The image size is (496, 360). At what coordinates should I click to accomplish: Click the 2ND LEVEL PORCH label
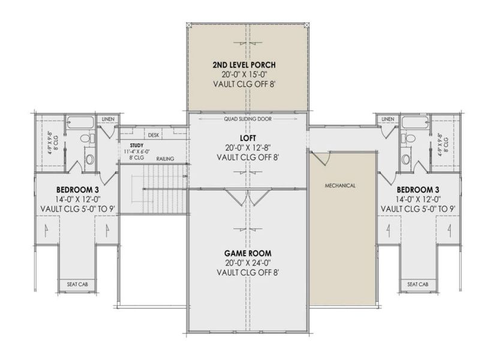[247, 64]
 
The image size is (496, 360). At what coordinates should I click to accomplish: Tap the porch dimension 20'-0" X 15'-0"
[247, 74]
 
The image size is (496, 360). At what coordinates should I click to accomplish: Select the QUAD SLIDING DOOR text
[248, 119]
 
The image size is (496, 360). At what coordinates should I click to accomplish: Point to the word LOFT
[247, 137]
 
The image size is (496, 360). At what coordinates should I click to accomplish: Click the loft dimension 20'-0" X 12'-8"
[247, 148]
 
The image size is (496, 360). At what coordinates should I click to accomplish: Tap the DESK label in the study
[154, 135]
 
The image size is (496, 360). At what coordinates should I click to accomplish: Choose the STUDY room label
[136, 145]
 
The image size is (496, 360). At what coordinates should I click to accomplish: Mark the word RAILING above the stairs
[166, 159]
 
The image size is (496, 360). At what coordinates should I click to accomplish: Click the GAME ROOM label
[247, 253]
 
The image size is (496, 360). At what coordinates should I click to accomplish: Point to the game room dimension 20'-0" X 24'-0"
[247, 263]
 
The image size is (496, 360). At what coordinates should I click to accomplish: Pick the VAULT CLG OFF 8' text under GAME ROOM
[247, 273]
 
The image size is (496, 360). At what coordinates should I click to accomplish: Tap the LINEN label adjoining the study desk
[108, 119]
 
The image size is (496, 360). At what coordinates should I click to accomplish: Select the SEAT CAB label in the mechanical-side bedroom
[417, 284]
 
